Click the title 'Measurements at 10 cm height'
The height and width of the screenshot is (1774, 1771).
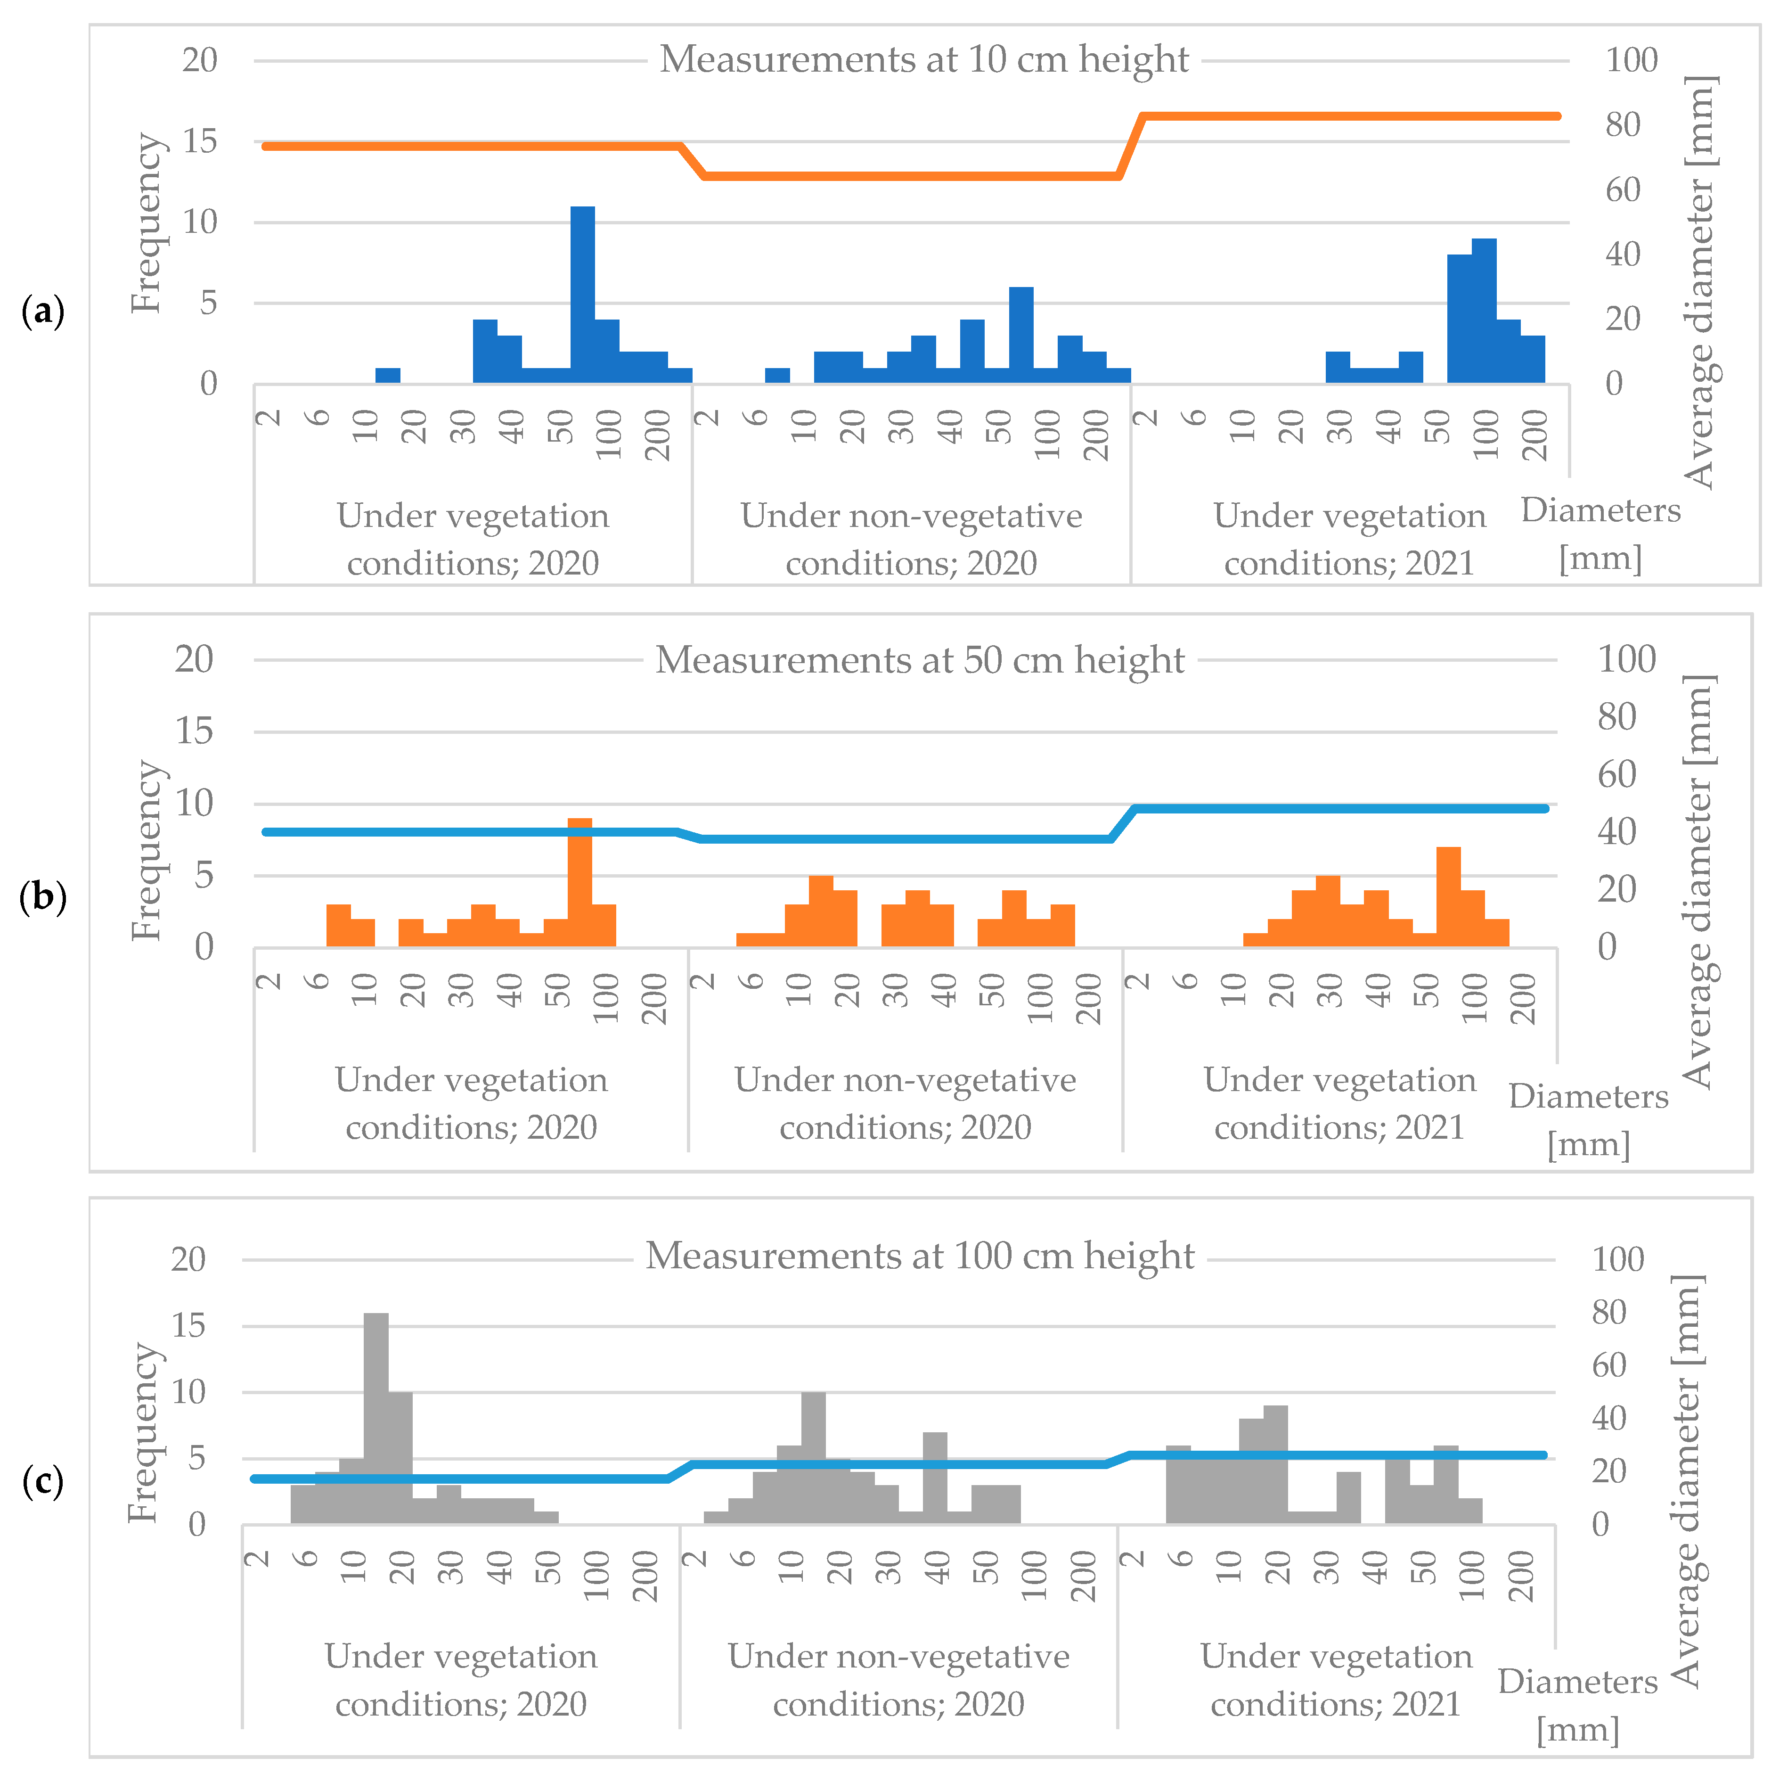click(923, 60)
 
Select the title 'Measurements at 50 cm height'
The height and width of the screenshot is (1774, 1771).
click(920, 660)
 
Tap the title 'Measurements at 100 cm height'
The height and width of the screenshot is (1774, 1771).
click(920, 1255)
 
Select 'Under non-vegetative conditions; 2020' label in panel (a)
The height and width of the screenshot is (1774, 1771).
click(911, 539)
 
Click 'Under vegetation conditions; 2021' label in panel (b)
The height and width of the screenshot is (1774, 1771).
click(1339, 1103)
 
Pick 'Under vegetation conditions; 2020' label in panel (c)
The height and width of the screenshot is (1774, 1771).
click(461, 1679)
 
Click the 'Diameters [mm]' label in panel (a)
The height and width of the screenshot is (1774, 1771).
click(1600, 534)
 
